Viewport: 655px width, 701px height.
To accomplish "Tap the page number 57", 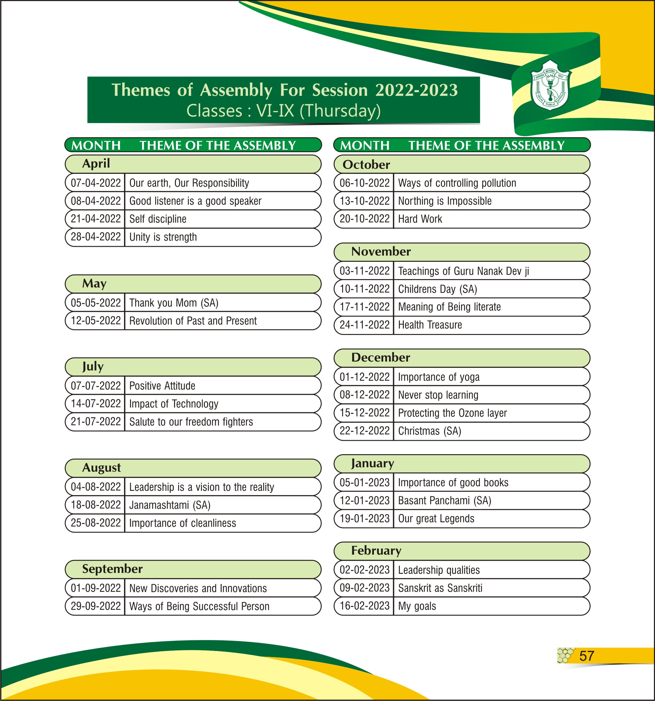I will click(587, 656).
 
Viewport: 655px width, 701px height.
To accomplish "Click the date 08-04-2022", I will click(95, 201).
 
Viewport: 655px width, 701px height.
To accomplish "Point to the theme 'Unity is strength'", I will click(163, 237).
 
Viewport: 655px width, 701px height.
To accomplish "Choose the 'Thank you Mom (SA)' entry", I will click(174, 303).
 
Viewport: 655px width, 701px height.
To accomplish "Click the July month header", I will click(93, 366).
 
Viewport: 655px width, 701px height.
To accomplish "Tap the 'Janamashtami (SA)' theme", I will click(170, 505).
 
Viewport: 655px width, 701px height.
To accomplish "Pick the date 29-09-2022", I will click(95, 606).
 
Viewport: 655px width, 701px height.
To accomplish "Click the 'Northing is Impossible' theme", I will click(445, 201).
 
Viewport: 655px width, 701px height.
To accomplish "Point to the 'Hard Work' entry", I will click(420, 219).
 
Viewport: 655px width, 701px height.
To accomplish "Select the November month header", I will click(381, 251).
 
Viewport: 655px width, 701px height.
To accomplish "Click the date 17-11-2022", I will click(364, 307).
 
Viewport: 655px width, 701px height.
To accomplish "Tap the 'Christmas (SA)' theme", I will click(429, 431).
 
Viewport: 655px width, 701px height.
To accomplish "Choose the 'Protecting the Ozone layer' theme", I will click(452, 413).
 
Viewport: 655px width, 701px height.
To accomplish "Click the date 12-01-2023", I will click(364, 500).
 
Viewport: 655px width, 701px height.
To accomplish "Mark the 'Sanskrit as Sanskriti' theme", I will click(440, 588).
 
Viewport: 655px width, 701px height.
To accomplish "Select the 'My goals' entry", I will click(417, 606).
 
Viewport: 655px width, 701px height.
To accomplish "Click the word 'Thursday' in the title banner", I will click(340, 111).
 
